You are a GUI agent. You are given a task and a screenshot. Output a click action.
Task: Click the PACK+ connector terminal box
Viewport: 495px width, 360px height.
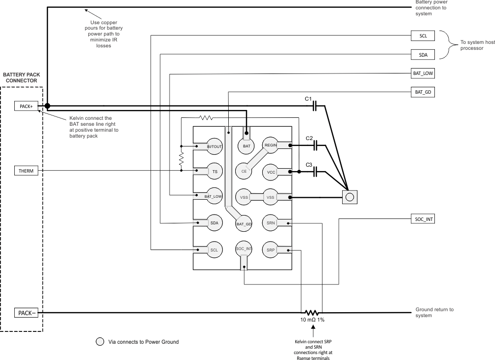(26, 106)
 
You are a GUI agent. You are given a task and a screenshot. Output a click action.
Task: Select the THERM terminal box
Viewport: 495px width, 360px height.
(26, 171)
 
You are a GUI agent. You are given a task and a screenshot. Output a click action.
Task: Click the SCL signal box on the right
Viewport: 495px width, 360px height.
(423, 36)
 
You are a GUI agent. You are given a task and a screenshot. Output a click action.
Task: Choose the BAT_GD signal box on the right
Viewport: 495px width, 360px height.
(423, 92)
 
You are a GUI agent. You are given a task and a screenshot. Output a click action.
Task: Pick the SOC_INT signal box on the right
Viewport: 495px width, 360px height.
(423, 218)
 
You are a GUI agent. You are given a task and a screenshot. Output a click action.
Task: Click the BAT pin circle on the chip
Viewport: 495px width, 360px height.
(247, 145)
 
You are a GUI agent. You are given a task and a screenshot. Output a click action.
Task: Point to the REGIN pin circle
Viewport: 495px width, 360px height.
(271, 145)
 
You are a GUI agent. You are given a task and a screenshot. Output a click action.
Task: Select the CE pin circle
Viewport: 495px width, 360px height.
(244, 171)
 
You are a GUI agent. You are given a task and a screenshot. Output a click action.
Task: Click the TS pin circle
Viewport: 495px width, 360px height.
(214, 171)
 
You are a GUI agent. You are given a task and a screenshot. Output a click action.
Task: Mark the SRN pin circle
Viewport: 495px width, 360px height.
(271, 223)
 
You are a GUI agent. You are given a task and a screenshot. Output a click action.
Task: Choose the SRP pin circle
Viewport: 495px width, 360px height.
(271, 250)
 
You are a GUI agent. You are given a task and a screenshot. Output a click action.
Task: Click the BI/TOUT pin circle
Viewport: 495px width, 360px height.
(214, 146)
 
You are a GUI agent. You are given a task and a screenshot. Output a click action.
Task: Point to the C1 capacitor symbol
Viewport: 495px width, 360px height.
(318, 106)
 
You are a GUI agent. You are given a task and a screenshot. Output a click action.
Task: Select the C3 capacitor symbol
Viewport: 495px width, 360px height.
(318, 172)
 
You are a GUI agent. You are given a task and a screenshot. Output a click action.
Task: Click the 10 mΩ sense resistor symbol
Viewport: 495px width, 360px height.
(311, 313)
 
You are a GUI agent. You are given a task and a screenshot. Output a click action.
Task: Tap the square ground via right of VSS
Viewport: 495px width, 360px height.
(350, 197)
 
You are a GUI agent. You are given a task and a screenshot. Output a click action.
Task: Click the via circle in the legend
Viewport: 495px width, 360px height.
(100, 341)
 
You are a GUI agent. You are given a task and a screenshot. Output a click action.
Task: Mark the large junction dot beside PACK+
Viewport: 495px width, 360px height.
(47, 106)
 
